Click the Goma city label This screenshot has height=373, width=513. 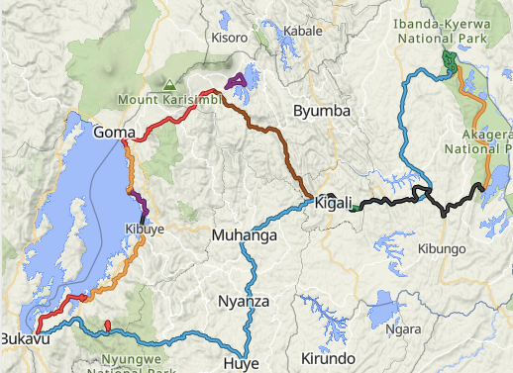[114, 132]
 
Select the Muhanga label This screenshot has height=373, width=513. [242, 235]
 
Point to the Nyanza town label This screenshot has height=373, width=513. [245, 302]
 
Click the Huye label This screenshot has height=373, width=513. [242, 363]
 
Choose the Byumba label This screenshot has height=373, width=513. [322, 112]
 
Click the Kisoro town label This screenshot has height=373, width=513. [229, 38]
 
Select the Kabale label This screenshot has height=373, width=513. [302, 31]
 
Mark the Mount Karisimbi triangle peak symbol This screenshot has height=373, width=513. [170, 86]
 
